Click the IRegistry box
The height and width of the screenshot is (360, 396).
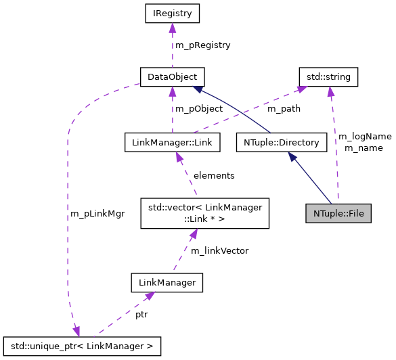tap(172, 13)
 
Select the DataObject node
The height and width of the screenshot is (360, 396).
tap(172, 76)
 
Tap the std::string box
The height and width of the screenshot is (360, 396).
tap(328, 76)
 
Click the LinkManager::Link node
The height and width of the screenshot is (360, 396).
tap(173, 142)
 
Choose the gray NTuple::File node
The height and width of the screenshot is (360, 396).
tap(338, 212)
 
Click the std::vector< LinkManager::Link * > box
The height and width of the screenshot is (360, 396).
tap(204, 212)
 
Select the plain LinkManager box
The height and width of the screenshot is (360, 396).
tap(167, 281)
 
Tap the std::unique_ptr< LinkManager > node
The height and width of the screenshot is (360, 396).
tap(82, 346)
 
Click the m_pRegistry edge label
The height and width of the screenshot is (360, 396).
tap(203, 45)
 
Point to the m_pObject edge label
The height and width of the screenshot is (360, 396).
tap(199, 109)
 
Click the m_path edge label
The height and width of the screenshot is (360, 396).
tap(284, 109)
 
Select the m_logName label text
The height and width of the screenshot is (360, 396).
tap(364, 137)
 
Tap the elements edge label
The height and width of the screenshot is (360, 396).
tap(214, 176)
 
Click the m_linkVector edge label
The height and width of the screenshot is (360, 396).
tap(220, 251)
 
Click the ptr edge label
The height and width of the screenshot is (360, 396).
tap(141, 315)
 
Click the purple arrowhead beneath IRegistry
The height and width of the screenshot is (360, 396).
tap(173, 28)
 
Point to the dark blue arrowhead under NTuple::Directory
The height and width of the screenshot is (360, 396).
tap(292, 157)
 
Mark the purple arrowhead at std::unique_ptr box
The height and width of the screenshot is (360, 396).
tap(76, 331)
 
